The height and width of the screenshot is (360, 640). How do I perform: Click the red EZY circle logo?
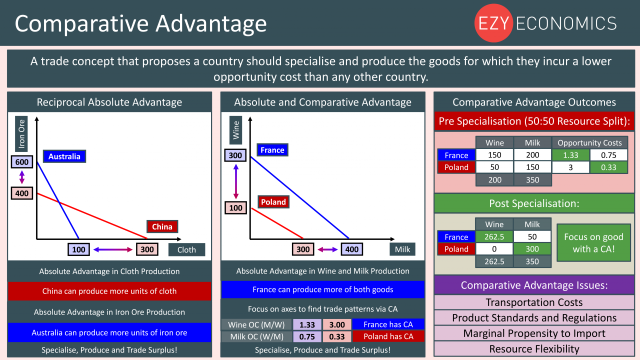493,23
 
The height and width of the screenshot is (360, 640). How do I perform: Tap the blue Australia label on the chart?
64,156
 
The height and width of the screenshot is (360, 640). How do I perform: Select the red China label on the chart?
162,226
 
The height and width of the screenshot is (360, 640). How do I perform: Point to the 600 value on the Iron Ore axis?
22,162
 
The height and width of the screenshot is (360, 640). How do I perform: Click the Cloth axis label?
186,249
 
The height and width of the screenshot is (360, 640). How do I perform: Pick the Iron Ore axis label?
21,133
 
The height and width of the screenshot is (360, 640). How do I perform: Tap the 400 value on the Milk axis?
351,249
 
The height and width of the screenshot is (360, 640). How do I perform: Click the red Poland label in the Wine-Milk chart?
273,202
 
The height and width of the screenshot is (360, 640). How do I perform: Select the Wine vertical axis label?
235,130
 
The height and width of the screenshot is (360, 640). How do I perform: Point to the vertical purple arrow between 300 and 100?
236,181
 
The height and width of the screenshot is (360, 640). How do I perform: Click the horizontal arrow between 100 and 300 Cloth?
113,249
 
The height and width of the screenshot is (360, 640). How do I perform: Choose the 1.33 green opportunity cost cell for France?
570,155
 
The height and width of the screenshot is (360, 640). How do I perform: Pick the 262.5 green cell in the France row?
494,236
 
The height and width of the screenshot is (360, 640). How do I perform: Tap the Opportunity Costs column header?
589,142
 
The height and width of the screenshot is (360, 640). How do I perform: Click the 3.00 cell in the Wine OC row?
337,324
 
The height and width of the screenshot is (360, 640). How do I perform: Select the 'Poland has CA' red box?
388,336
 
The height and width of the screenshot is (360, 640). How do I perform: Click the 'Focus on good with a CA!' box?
593,243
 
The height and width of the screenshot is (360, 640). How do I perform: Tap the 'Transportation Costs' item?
534,302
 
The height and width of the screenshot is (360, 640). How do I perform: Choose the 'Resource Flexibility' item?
534,349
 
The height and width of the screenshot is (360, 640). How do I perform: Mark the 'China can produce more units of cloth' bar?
109,291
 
